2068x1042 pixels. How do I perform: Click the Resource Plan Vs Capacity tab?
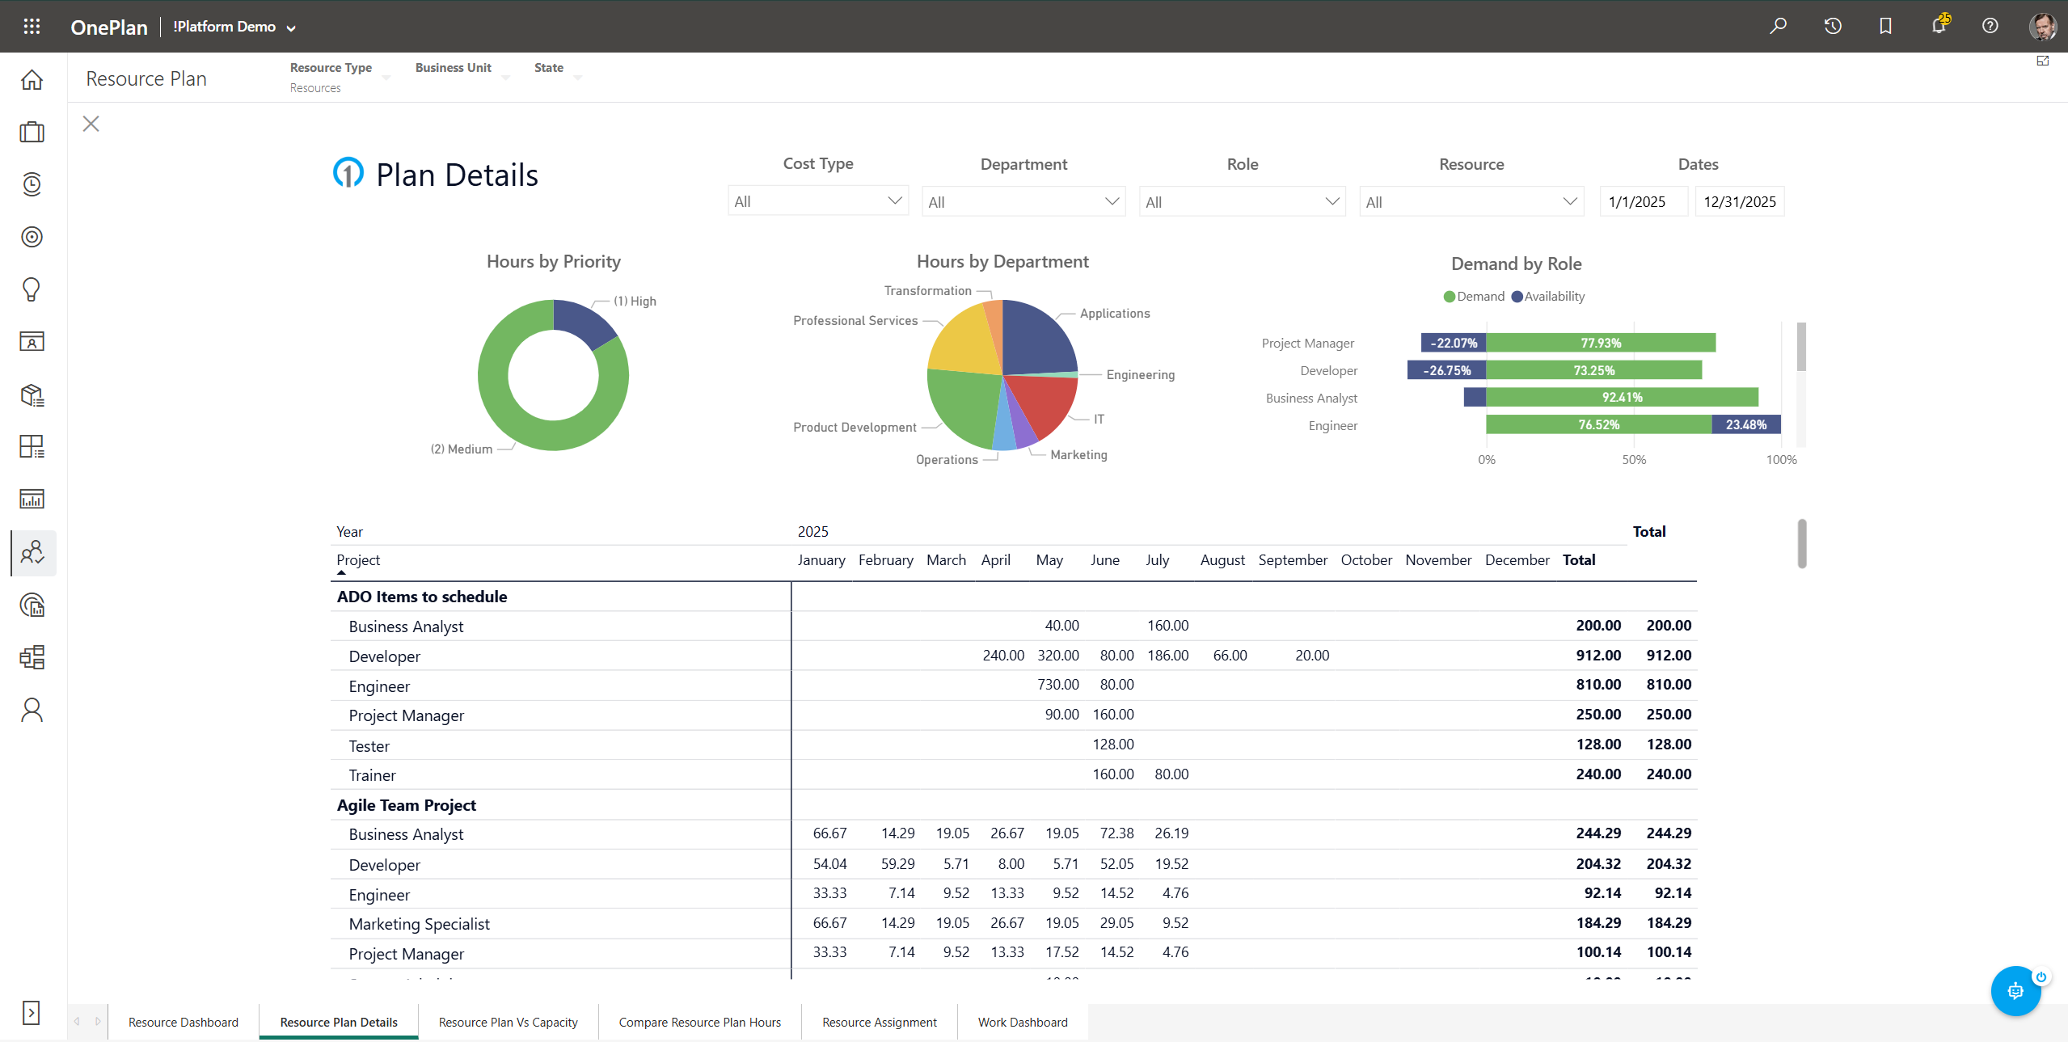click(508, 1022)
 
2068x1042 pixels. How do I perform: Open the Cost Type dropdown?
click(817, 201)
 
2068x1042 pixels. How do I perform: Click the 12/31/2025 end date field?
click(1739, 201)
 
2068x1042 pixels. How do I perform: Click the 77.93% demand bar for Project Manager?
click(1600, 343)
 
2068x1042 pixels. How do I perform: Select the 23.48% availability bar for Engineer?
click(1745, 424)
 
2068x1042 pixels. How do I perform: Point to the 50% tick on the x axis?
click(1633, 459)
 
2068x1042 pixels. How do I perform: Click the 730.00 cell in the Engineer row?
click(1057, 685)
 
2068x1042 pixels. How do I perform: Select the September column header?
click(1292, 559)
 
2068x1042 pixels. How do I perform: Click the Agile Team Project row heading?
click(407, 805)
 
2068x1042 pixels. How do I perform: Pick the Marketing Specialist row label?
click(419, 924)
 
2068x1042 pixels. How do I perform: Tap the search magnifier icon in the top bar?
click(1778, 26)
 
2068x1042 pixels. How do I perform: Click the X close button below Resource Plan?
click(91, 124)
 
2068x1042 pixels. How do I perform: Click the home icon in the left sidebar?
click(32, 79)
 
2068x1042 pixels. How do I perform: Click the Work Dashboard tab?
click(1022, 1022)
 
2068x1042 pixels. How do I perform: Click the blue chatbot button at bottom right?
click(2014, 990)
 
